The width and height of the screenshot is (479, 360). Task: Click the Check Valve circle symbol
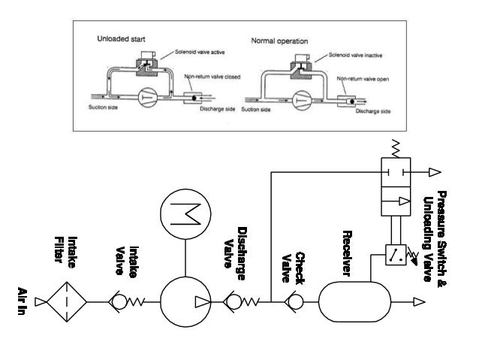click(x=294, y=302)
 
